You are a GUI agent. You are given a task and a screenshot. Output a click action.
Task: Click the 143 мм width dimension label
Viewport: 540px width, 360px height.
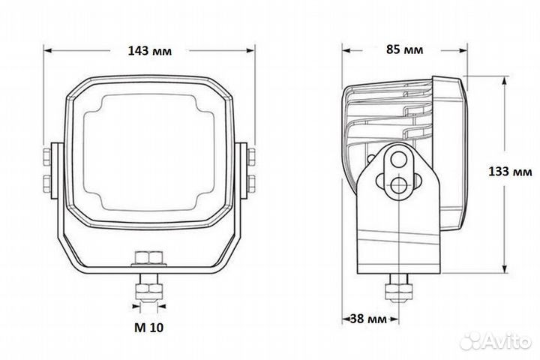coord(150,51)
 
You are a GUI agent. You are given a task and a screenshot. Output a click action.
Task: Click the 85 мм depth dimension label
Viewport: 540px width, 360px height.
coord(405,49)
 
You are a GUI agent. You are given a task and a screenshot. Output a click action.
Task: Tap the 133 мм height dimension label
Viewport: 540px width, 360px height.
coord(510,171)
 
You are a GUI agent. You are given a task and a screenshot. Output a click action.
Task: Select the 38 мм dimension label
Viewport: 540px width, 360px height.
coord(368,319)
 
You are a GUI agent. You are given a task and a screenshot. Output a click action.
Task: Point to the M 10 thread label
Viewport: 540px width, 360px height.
coord(148,328)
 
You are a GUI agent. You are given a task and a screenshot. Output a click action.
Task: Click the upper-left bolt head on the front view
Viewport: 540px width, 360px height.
coord(46,157)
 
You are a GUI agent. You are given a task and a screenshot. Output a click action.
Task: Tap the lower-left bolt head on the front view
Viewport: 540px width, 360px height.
coord(46,184)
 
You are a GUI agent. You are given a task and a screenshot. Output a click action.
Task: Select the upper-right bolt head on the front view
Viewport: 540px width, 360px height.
coord(252,157)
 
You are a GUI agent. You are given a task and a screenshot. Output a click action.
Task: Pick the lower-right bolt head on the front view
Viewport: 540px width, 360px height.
coord(252,184)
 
